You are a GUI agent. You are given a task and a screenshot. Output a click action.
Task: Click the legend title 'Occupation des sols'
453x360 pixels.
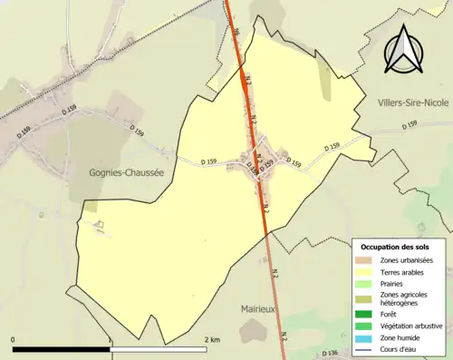pos(395,247)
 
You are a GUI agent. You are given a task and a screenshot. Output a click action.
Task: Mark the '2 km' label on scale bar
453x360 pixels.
pos(212,340)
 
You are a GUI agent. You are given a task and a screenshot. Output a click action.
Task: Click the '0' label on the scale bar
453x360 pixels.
pos(14,340)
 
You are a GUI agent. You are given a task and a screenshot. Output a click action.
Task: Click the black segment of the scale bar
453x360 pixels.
pos(62,349)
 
